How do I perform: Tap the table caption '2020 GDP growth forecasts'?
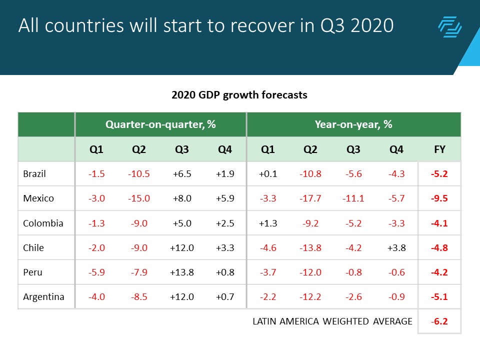point(239,94)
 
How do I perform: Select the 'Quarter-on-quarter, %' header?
point(160,124)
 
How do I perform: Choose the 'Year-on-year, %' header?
point(353,124)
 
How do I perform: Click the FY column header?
point(439,149)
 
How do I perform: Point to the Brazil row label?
point(35,174)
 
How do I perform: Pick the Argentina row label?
point(43,297)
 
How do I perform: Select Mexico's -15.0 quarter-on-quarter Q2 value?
point(138,198)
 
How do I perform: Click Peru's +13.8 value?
point(182,272)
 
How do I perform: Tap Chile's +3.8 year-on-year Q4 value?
point(396,247)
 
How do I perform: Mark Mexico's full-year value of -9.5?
point(439,198)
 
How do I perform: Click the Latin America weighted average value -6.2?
point(439,321)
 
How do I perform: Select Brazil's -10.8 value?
point(310,174)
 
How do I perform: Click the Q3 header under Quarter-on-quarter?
point(182,149)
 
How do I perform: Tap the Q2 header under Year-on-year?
point(310,149)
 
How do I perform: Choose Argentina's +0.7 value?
point(224,297)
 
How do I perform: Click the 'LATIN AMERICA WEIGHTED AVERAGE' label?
point(332,321)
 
